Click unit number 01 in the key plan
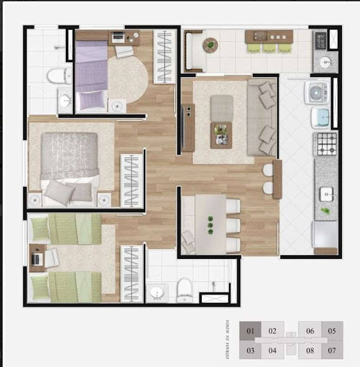point(251,331)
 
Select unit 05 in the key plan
point(332,331)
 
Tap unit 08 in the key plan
point(310,350)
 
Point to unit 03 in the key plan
point(251,350)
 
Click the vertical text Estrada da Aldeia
point(229,340)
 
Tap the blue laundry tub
point(320,117)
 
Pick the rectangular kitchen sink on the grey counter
point(326,194)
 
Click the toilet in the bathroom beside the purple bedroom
point(58,76)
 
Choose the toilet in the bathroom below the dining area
point(184,289)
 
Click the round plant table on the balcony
point(210,44)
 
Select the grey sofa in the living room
point(263,118)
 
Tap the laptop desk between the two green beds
point(38,258)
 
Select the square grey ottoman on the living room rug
point(222,107)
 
